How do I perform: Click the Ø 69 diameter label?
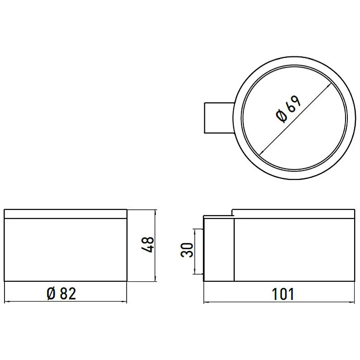(x=288, y=109)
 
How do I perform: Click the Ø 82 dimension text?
(x=61, y=294)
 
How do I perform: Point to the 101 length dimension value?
(x=284, y=294)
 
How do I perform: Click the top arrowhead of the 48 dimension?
(x=155, y=212)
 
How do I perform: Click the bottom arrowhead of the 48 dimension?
(x=155, y=278)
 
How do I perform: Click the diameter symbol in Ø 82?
(x=51, y=294)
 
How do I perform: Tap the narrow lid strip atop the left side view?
(x=66, y=214)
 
